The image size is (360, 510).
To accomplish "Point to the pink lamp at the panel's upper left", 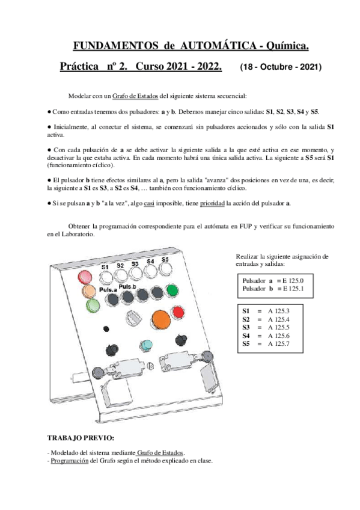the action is (x=85, y=277).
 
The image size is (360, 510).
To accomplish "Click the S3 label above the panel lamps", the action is (x=135, y=263).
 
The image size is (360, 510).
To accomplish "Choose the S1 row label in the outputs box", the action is (x=246, y=310).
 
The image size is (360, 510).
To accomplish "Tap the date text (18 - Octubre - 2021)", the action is (x=281, y=67).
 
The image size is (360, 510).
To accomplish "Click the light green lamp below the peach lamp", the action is (x=92, y=306).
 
